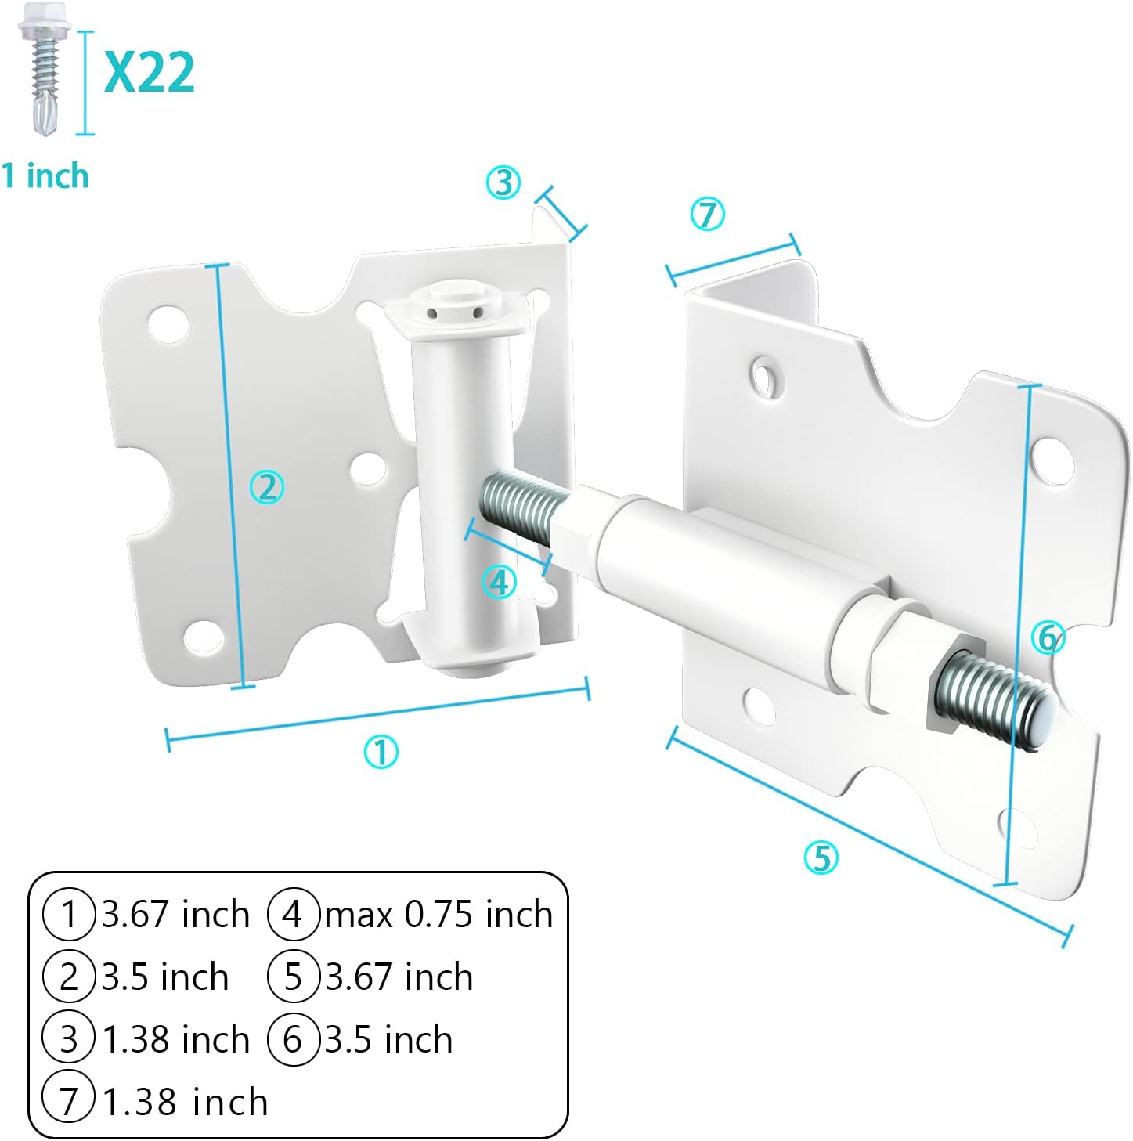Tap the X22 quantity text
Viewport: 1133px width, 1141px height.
click(150, 73)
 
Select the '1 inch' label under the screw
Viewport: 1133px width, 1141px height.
click(45, 175)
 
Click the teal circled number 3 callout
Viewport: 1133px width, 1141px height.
click(503, 182)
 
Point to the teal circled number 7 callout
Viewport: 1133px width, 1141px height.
click(707, 214)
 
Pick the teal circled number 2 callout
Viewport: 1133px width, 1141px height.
click(267, 487)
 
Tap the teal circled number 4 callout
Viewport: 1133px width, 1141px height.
click(499, 582)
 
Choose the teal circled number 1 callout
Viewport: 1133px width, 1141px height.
click(381, 752)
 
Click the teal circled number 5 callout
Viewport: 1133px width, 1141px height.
click(821, 858)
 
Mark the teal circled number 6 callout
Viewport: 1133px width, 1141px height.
click(1048, 637)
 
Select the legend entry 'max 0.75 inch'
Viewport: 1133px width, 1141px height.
click(438, 915)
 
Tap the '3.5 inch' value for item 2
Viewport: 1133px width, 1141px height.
click(165, 977)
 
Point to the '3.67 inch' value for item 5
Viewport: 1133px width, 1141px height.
click(399, 977)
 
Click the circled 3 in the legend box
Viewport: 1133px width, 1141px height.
click(69, 1039)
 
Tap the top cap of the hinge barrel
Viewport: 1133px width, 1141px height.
click(453, 299)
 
